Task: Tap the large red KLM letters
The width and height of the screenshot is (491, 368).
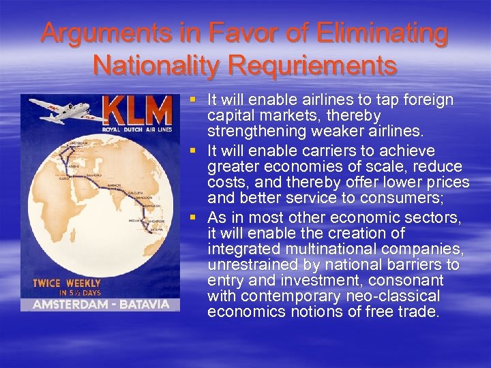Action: coord(138,110)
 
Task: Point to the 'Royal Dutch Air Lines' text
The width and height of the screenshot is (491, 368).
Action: coord(138,129)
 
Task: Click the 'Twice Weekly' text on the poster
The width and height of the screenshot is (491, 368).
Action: coord(68,283)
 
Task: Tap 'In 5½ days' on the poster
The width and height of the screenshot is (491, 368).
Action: coord(68,292)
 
